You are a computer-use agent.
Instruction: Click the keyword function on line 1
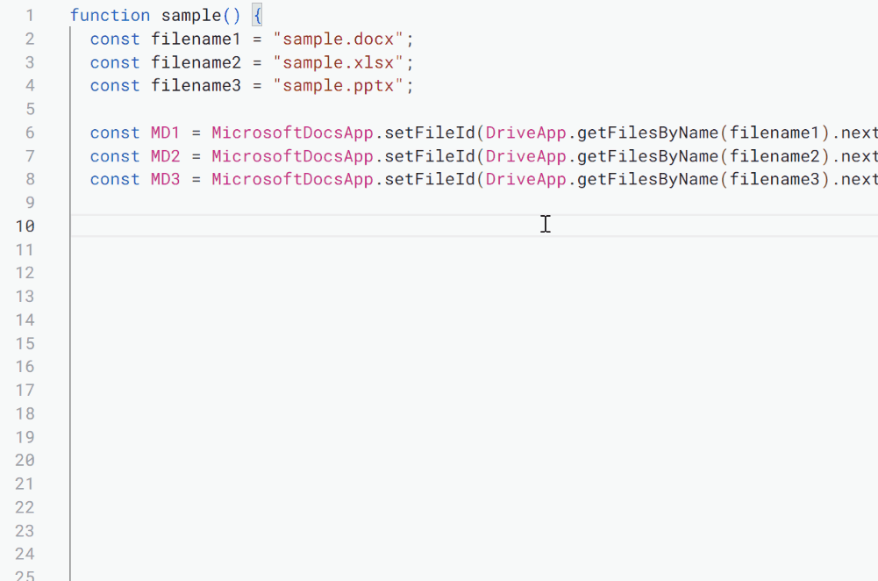tap(110, 16)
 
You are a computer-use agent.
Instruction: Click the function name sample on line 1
tap(191, 16)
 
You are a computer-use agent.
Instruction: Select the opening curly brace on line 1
tap(257, 16)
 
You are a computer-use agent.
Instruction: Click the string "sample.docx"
tap(338, 39)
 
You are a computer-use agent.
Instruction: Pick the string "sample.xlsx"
tap(338, 62)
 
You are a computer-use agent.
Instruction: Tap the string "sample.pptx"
tap(338, 86)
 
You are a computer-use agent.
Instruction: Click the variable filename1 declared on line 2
tap(196, 39)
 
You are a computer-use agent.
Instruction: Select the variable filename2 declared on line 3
tap(196, 62)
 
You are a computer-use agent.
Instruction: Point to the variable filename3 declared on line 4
tap(196, 86)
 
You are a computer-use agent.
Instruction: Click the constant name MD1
tap(165, 133)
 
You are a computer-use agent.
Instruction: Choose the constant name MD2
tap(165, 156)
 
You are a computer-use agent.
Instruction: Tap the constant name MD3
tap(165, 179)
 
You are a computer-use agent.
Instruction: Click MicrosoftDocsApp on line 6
tap(292, 133)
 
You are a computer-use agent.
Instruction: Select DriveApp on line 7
tap(526, 156)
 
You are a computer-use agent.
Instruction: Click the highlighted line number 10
tap(25, 226)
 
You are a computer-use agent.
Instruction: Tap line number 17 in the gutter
tap(25, 390)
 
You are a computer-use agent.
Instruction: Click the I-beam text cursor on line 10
tap(546, 224)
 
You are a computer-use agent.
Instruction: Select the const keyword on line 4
tap(114, 86)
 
